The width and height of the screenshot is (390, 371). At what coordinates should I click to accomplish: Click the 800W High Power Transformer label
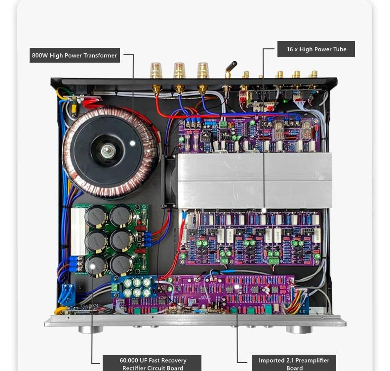74,55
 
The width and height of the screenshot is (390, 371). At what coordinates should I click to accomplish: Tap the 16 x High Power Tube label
316,49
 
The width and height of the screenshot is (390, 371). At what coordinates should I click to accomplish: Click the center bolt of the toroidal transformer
107,150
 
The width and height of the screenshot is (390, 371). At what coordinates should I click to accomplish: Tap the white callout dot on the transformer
132,143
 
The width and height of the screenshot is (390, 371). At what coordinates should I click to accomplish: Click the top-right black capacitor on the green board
121,217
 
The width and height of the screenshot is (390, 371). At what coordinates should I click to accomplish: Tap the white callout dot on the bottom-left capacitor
92,267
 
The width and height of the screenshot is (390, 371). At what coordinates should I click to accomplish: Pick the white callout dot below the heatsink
264,210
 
